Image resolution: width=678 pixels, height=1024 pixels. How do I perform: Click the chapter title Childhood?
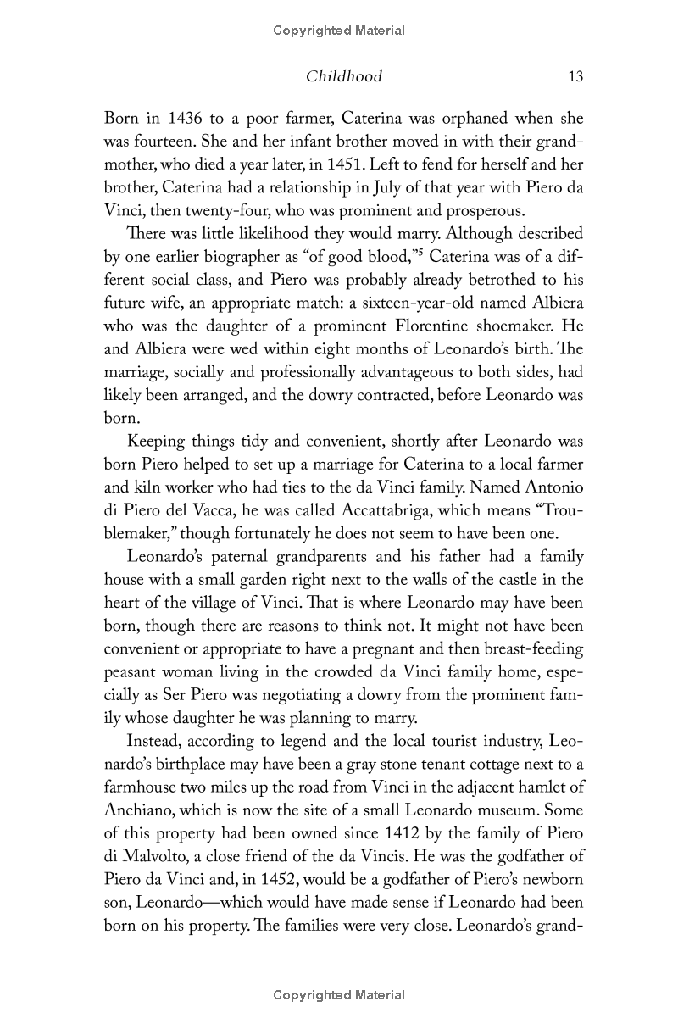point(343,76)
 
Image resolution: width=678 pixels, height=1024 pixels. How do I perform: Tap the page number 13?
point(575,76)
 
